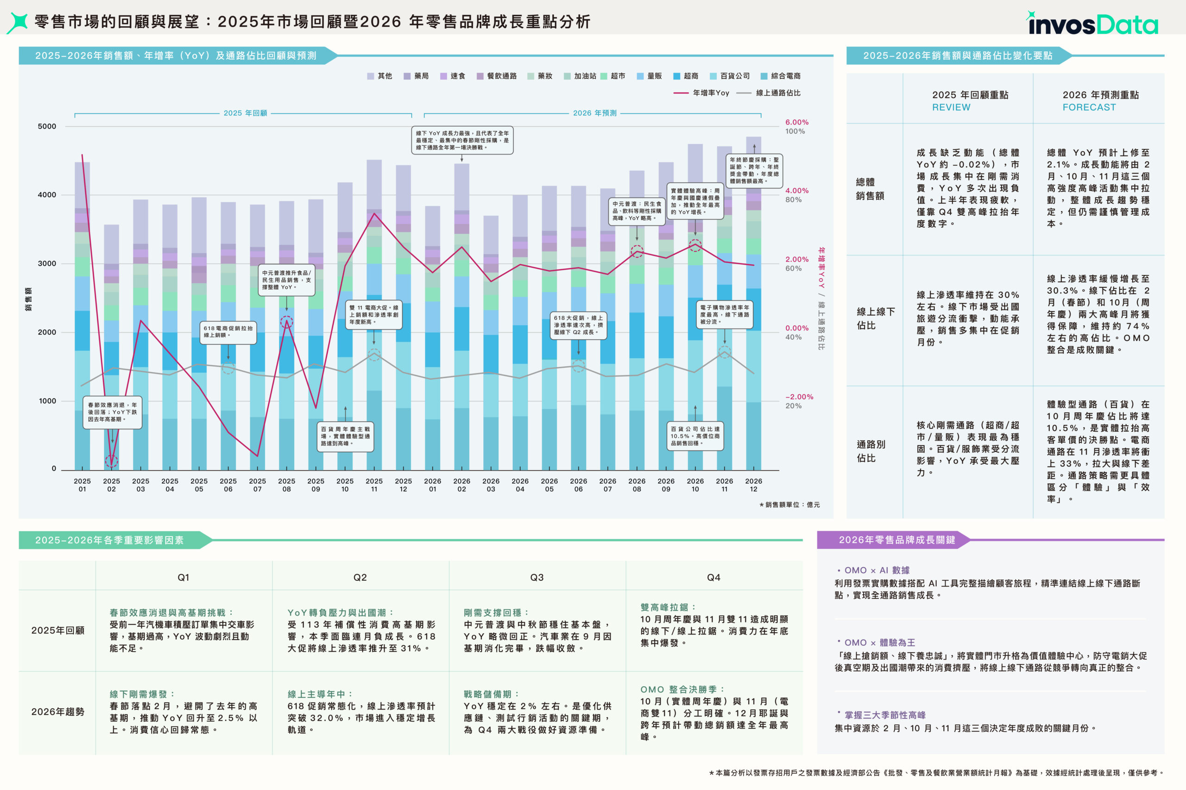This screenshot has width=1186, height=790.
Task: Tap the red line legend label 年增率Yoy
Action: (x=711, y=93)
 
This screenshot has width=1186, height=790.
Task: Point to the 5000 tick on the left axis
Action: (x=47, y=126)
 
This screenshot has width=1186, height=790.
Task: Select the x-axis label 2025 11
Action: (x=374, y=485)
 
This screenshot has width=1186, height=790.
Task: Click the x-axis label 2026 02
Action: (x=461, y=485)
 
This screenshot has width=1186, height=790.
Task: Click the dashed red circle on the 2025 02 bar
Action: (x=112, y=460)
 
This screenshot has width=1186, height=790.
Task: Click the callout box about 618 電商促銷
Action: (x=228, y=331)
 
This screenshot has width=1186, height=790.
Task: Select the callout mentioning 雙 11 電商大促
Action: (x=374, y=314)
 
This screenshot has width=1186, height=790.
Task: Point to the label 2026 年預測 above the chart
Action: (x=594, y=113)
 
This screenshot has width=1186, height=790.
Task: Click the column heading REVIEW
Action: (x=951, y=107)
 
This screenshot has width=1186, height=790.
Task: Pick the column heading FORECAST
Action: (x=1089, y=107)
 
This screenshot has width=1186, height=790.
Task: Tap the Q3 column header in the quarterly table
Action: (x=536, y=578)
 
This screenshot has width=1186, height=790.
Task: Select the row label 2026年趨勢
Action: (x=57, y=711)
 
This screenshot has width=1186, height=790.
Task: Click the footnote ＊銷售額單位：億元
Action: (x=789, y=504)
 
